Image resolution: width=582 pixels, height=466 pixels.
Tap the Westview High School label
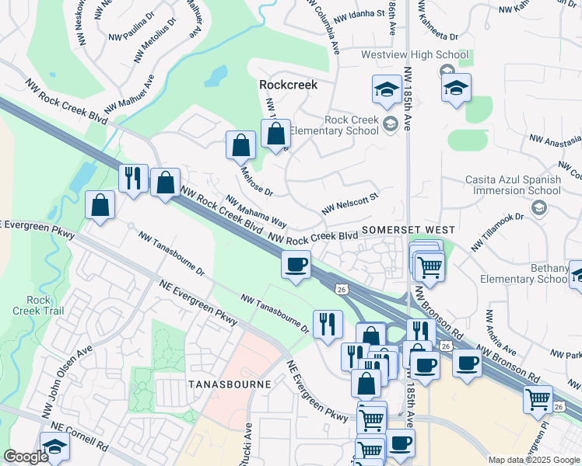[415, 55]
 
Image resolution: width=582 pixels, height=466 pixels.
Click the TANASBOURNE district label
[230, 384]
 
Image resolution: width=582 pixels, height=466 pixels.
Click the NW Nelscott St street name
[349, 203]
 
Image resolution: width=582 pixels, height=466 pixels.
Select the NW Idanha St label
[359, 14]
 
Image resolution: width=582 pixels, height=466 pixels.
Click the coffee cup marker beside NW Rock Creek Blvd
[296, 266]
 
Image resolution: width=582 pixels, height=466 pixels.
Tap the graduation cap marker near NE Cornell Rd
[55, 448]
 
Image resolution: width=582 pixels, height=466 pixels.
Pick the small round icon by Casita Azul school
[538, 207]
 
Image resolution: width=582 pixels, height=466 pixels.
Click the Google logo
[26, 457]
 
